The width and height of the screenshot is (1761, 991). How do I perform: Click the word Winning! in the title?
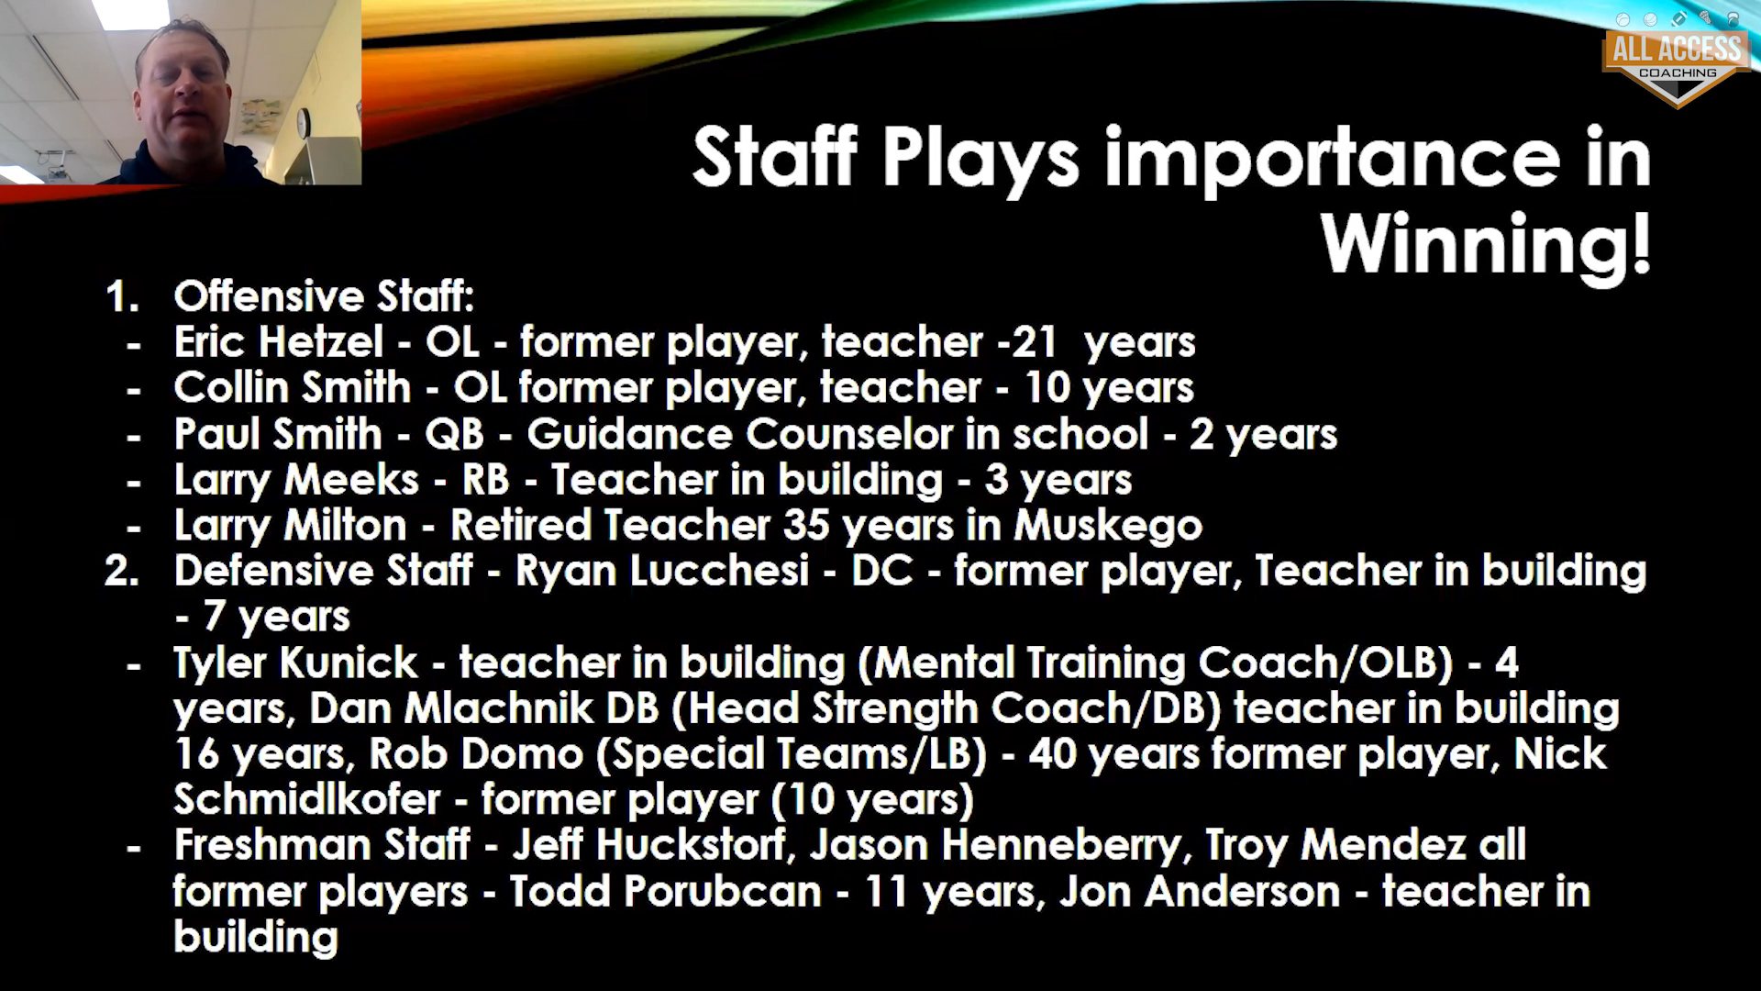click(1486, 243)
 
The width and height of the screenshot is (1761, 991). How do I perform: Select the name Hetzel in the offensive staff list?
click(320, 342)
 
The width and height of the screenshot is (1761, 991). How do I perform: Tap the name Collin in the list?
click(229, 388)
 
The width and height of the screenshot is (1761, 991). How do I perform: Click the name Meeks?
click(351, 480)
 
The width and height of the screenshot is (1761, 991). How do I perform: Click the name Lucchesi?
click(662, 571)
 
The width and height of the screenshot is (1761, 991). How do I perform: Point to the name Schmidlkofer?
click(307, 800)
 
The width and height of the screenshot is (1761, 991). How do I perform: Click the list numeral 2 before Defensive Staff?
click(120, 571)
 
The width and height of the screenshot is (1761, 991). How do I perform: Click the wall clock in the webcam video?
click(304, 121)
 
